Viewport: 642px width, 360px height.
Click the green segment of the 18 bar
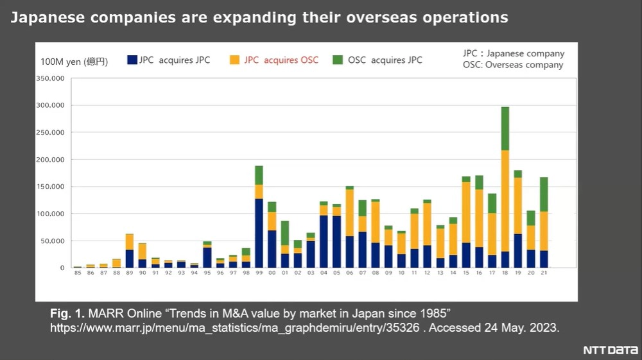[x=505, y=128]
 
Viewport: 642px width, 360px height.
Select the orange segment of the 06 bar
[x=350, y=212]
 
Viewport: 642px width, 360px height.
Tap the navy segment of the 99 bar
[x=259, y=233]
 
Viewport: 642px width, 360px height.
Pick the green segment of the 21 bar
[x=544, y=194]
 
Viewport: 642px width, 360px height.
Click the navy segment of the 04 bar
[x=324, y=241]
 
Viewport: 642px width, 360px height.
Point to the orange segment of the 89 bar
[x=129, y=242]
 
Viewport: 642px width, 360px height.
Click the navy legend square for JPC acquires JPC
[x=132, y=60]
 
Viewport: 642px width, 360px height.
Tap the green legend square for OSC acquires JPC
[x=338, y=60]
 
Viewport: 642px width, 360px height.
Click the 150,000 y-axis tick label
[x=52, y=187]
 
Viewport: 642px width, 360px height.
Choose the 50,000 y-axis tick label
[x=54, y=241]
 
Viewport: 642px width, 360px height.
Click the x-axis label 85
[x=78, y=273]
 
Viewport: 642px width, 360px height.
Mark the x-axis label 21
[x=544, y=273]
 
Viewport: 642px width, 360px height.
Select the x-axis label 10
[x=401, y=273]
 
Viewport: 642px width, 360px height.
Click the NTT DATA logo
[x=610, y=350]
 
